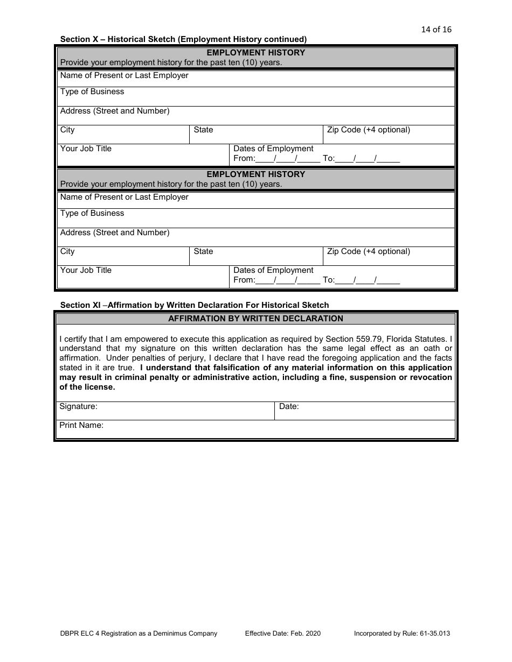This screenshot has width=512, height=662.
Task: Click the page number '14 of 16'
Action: (436, 30)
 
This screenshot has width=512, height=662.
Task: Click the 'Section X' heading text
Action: (183, 39)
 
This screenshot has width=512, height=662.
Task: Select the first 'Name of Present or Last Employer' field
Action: (256, 79)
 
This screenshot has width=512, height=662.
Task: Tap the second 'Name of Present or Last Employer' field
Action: (256, 200)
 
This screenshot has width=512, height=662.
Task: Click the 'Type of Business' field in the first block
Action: (256, 96)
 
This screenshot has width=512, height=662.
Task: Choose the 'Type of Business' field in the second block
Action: (256, 218)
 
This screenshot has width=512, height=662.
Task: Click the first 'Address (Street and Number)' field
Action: (256, 115)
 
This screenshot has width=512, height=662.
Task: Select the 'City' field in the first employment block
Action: (123, 135)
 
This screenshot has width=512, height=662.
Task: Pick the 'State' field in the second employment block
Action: (256, 256)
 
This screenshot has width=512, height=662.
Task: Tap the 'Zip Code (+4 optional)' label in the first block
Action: (368, 130)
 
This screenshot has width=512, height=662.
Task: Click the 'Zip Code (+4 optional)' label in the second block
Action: (368, 251)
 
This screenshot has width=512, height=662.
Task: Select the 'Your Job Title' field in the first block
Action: (143, 155)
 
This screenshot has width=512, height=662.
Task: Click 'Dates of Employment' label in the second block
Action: (273, 270)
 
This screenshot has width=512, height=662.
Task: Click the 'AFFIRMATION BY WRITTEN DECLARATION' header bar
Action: (256, 319)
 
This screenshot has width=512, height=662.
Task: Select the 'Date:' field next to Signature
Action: (365, 411)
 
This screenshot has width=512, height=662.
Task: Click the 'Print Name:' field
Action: (256, 429)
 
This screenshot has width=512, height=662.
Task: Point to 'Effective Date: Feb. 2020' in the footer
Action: (282, 633)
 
